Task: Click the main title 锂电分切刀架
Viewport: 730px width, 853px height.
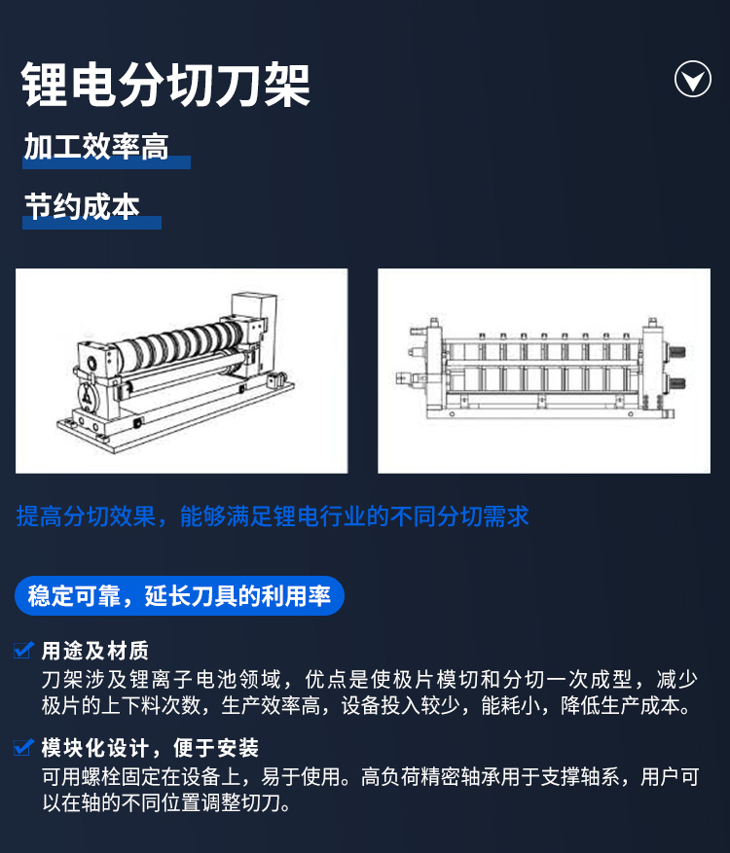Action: coord(165,85)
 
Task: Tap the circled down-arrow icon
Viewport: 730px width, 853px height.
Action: coord(692,79)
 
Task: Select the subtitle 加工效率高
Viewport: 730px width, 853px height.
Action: coord(96,146)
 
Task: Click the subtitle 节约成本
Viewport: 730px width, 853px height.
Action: coord(82,207)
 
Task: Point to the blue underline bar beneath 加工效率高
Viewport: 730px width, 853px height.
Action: coord(107,162)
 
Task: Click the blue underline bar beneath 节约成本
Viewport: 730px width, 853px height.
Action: coord(92,223)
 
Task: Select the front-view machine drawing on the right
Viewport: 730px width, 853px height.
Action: coord(540,369)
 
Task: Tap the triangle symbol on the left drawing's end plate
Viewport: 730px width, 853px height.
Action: coord(88,398)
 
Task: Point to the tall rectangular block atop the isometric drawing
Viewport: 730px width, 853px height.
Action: coord(254,308)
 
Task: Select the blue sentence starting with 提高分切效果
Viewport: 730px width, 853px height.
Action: coord(273,515)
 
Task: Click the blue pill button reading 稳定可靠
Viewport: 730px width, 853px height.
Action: coord(180,595)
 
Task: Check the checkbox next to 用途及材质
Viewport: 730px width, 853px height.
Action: coord(22,650)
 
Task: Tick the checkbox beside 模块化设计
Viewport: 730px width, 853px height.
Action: coord(22,746)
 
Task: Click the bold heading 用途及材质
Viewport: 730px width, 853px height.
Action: coord(95,651)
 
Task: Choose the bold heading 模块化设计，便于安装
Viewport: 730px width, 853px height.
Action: coord(150,748)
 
